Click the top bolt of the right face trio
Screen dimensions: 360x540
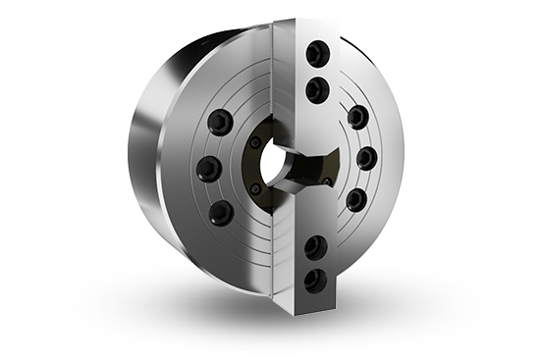[357, 117]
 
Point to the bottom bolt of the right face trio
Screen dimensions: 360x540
[356, 200]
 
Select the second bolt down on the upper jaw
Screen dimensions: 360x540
[316, 91]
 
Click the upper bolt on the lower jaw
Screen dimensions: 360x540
[315, 246]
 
